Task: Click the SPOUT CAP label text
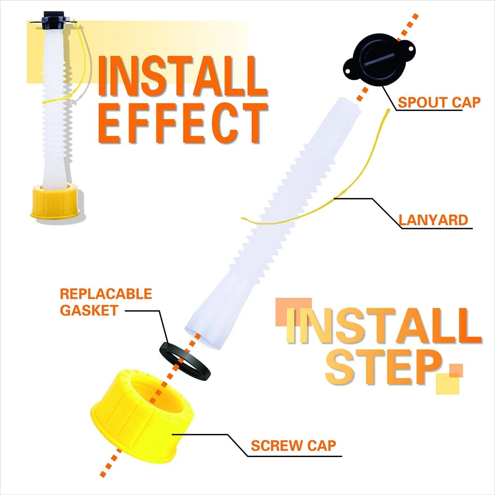439,102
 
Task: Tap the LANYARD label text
433,220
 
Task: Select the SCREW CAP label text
293,445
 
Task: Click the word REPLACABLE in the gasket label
106,294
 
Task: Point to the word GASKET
89,310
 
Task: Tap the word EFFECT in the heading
182,123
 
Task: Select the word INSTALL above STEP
383,325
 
